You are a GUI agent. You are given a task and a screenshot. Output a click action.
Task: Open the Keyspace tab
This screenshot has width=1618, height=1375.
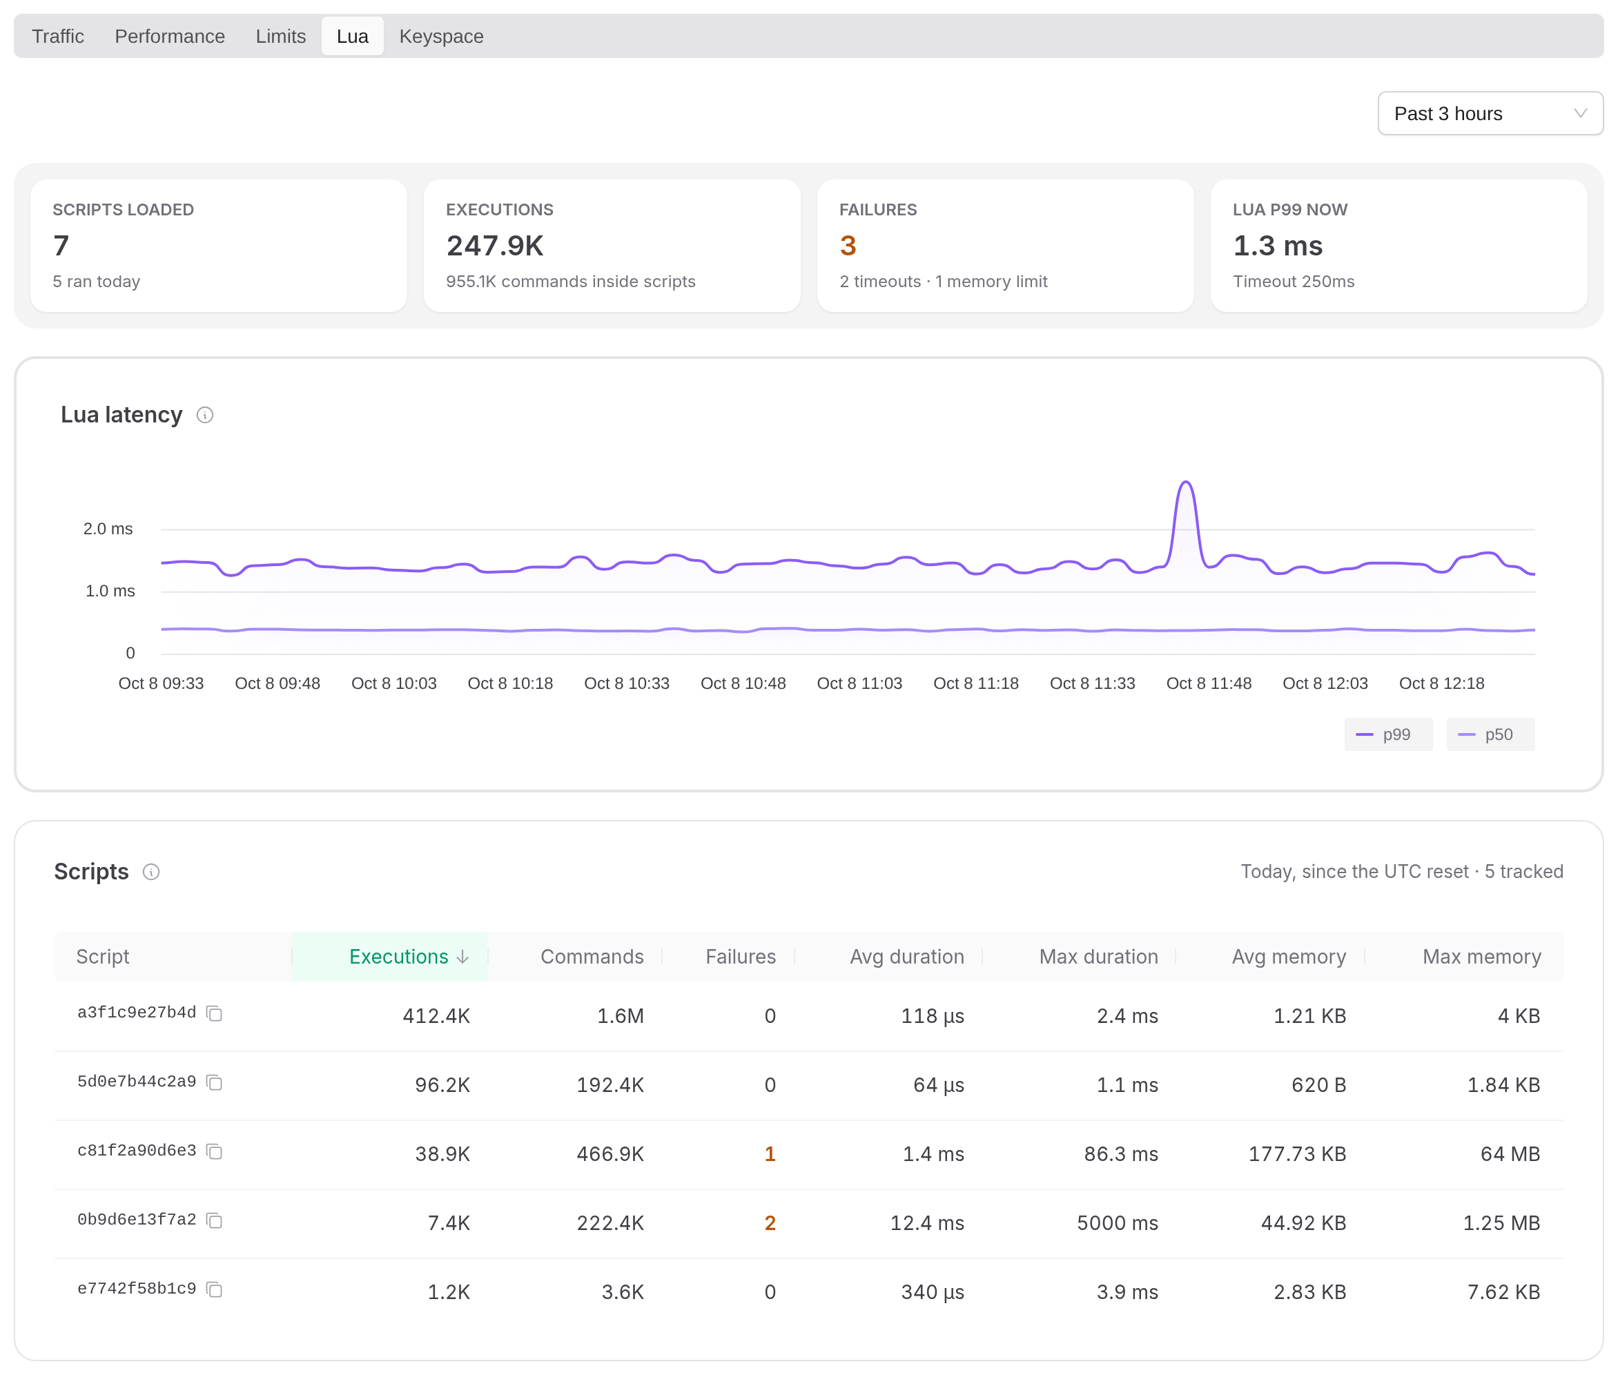[441, 36]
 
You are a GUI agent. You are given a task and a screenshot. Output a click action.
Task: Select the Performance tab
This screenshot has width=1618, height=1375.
[170, 36]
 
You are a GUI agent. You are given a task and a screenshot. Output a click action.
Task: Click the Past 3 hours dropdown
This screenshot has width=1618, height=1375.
[1490, 113]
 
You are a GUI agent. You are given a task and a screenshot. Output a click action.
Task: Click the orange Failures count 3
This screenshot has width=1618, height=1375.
[848, 246]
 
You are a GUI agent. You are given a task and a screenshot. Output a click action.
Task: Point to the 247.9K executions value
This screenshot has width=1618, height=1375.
[495, 246]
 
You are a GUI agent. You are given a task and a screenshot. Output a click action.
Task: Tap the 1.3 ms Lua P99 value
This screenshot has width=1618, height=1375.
[1278, 246]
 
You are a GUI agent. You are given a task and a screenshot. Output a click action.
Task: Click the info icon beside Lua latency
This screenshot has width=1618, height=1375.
[205, 415]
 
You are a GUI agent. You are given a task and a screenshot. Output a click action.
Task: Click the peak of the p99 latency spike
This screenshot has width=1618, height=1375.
[1185, 482]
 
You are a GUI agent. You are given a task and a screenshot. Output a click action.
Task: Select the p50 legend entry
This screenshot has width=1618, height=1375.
[1490, 734]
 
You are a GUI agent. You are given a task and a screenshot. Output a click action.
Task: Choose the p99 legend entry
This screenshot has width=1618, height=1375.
[1388, 734]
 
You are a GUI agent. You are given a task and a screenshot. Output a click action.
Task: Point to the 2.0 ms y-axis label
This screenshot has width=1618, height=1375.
[108, 529]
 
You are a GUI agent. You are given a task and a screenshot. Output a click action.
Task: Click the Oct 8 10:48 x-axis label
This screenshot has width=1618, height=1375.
[743, 683]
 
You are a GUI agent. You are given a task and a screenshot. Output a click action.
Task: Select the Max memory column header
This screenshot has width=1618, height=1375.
[1481, 957]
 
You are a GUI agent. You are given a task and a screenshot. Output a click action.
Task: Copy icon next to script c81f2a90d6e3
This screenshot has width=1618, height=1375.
[215, 1151]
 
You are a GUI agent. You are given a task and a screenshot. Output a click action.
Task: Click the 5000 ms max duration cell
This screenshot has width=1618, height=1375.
[1117, 1223]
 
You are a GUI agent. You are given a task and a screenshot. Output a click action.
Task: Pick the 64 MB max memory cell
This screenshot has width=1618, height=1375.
[1510, 1153]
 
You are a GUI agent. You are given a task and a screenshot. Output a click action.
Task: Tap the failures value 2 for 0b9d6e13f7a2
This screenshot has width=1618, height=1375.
[770, 1223]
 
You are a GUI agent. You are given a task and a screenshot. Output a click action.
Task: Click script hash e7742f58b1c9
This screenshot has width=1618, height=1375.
[137, 1289]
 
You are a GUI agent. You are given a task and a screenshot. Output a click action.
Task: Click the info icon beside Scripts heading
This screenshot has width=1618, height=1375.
[151, 872]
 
